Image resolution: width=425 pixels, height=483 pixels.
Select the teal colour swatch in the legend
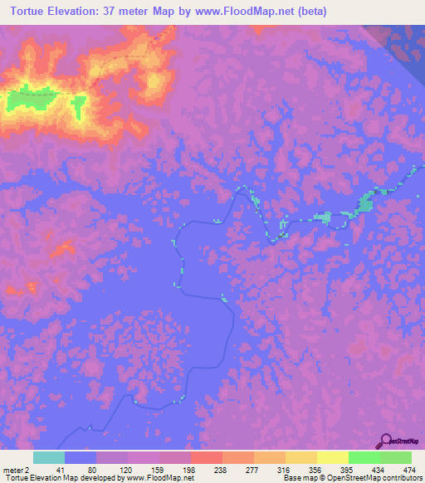point(49,457)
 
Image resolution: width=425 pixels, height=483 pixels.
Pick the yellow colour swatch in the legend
point(332,457)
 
